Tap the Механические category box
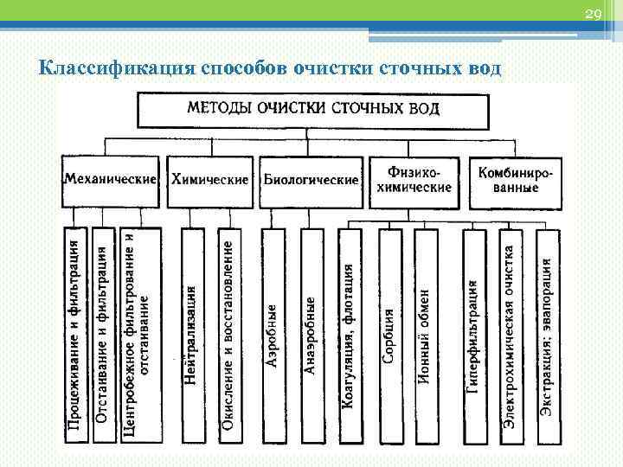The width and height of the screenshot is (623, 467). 110,181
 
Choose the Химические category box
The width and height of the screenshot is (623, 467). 210,181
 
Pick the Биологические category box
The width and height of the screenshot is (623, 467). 311,181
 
